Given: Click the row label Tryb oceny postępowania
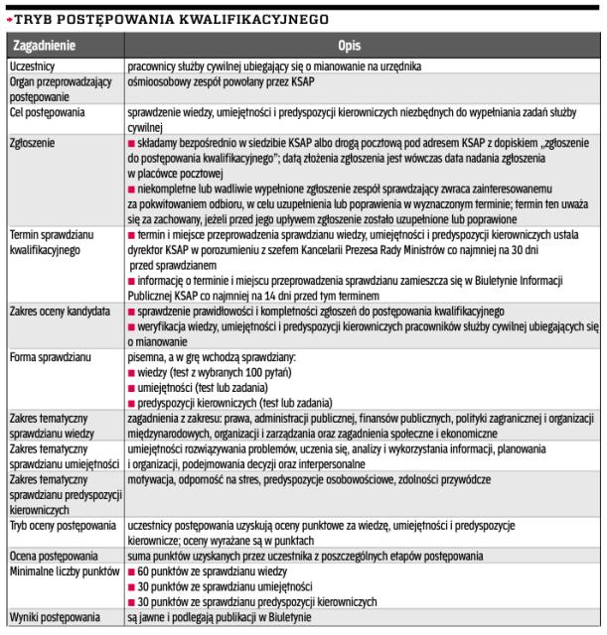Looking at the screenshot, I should (x=65, y=522).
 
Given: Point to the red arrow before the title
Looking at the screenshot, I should (x=8, y=18).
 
